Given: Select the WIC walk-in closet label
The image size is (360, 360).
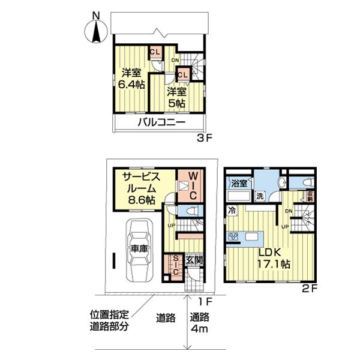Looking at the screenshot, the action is coord(193,186).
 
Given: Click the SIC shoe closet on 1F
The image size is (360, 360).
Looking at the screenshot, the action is coord(175,265).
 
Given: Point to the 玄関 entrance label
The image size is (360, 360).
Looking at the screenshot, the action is coord(194,260).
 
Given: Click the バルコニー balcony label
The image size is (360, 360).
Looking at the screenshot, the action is coord(161,122).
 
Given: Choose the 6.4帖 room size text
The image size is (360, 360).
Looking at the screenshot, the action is coord(131,85).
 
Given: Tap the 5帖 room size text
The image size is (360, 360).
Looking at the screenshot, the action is coord(177,104).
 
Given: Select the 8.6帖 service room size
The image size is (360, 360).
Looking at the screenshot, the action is coord(142,200).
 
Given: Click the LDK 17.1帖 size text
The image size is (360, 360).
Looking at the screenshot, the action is coord(274,265).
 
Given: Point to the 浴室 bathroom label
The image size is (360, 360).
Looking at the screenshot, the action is coord(239,184).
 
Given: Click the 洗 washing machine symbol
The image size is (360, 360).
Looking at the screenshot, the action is coord(260,197).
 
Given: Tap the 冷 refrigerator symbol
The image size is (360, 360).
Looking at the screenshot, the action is coord(232,211).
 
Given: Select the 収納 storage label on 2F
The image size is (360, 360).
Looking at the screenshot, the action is coord(310,197).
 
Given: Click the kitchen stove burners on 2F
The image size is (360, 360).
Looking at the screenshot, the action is coord(233,236).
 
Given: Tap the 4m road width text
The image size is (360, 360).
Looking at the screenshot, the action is coord(200,329).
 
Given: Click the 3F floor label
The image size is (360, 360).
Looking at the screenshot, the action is coord(205,139).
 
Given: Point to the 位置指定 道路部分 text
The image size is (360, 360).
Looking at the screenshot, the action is coord(109,321).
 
